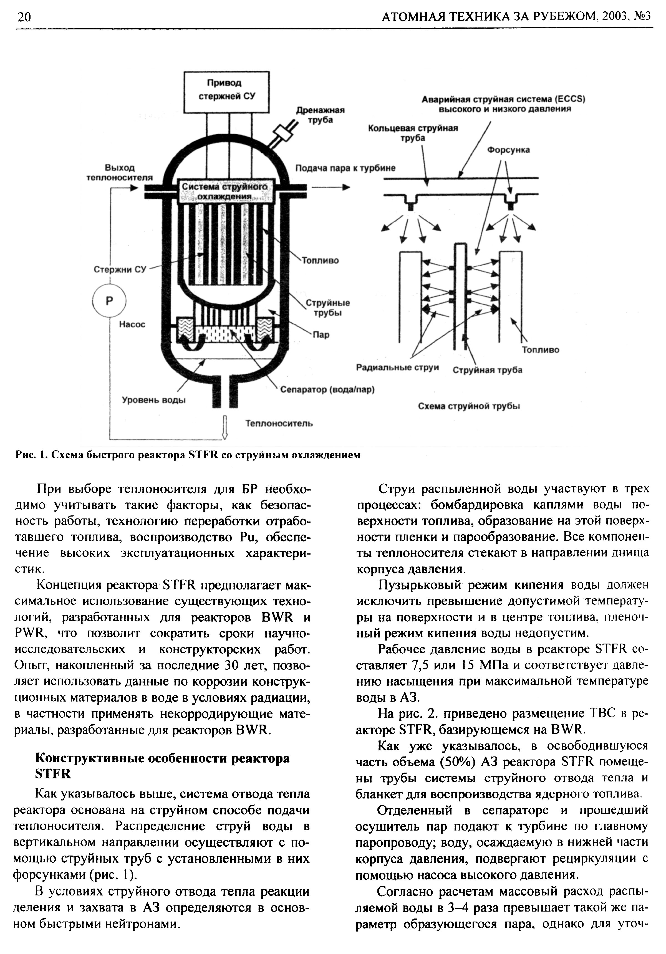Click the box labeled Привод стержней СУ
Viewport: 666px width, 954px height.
point(226,92)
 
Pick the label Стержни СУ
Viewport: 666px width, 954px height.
point(120,269)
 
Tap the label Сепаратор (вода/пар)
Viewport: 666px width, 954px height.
point(327,390)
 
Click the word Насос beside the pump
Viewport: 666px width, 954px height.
point(132,324)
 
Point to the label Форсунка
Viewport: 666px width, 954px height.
point(508,150)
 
